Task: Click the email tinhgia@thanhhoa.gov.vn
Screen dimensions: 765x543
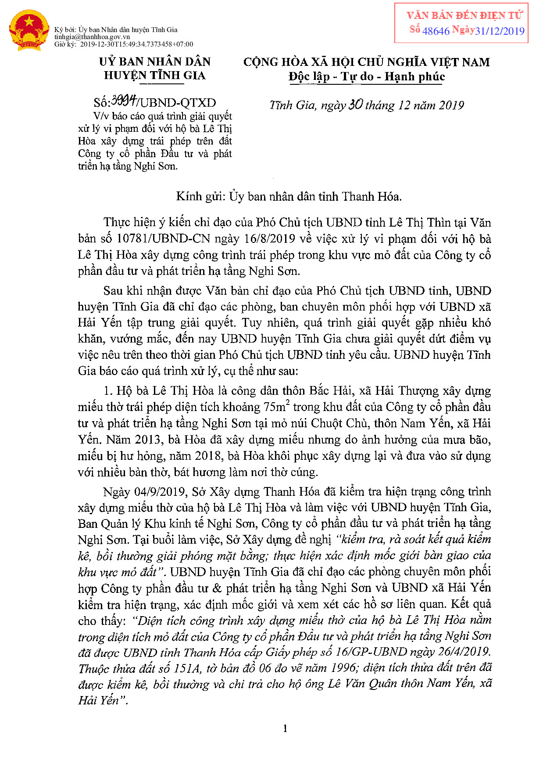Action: (x=92, y=37)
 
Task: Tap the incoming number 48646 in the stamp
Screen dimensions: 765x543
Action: (x=436, y=31)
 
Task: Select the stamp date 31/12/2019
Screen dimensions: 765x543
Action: (x=500, y=31)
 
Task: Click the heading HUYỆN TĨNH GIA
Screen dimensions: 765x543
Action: (x=154, y=76)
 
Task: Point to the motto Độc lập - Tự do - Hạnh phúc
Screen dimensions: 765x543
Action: (x=367, y=77)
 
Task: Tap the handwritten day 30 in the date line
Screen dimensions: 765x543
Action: (x=355, y=105)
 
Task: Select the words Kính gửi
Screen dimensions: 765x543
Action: (x=200, y=196)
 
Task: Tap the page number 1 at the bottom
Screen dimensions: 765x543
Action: (x=285, y=729)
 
